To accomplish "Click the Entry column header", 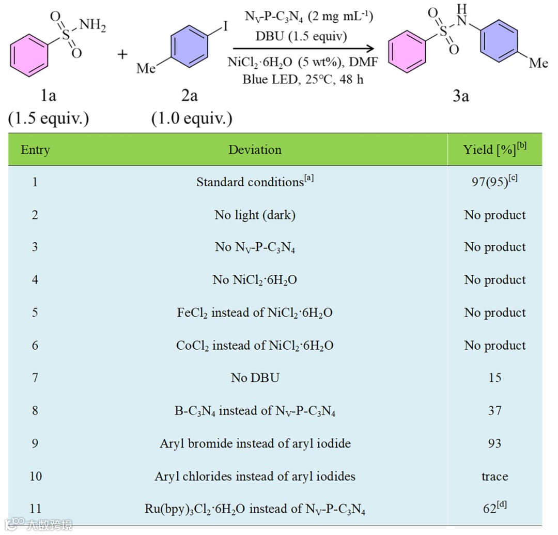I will (35, 150).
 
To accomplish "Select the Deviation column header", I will (255, 150).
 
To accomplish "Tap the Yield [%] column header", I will (494, 150).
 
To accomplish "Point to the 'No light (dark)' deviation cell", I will (255, 215).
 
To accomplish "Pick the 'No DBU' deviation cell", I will (255, 378).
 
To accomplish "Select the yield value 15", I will (494, 378).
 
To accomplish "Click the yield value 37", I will (494, 411).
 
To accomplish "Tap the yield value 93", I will (494, 443).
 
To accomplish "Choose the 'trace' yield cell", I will (494, 476).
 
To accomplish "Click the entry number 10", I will (35, 476).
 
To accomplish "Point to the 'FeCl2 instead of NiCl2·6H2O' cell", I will (255, 313).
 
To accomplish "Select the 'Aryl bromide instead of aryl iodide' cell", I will (255, 443).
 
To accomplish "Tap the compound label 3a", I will (460, 95).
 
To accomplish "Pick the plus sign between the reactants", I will (122, 54).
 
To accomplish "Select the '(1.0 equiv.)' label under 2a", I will (191, 118).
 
